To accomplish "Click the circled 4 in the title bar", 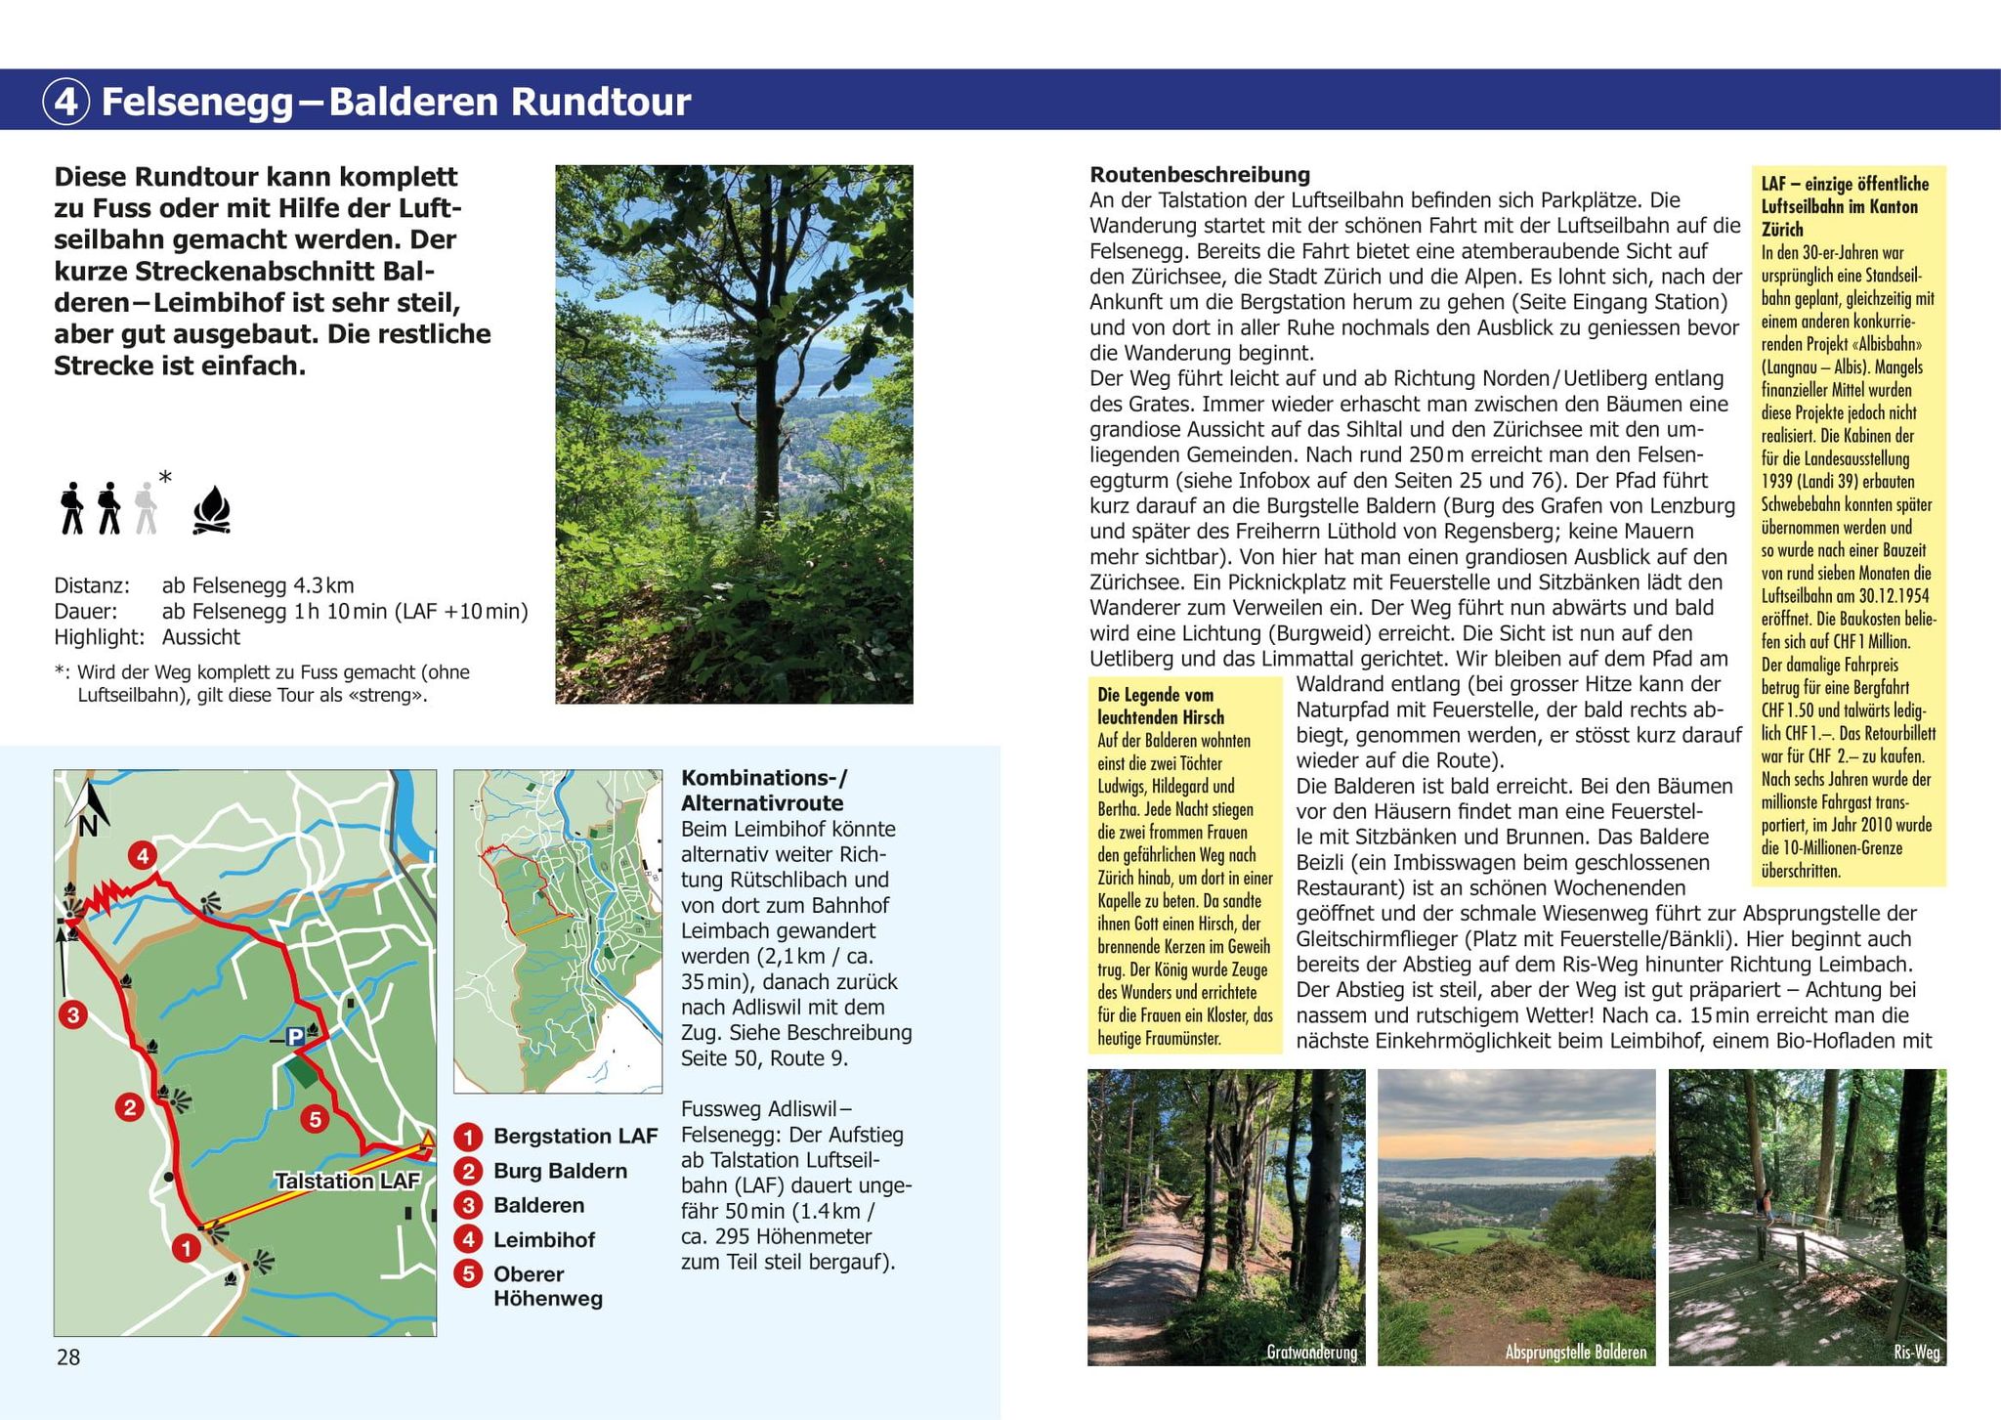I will tap(66, 102).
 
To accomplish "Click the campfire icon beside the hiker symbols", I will tap(212, 511).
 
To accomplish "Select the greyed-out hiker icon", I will tap(146, 508).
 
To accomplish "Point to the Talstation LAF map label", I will tap(347, 1181).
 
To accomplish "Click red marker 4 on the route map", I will tap(143, 856).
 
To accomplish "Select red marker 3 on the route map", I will tap(72, 1014).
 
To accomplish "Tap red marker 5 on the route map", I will tap(315, 1119).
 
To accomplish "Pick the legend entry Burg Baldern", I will tap(560, 1171).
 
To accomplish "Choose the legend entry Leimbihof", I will tap(544, 1240).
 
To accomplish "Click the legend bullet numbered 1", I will tap(469, 1137).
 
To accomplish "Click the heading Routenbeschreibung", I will tap(1200, 175).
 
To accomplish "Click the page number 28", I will tap(68, 1356).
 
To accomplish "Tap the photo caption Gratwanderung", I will tap(1311, 1353).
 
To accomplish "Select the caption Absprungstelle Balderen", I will tap(1575, 1353).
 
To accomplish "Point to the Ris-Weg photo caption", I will tap(1916, 1353).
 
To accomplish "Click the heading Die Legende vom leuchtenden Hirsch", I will tap(1161, 706).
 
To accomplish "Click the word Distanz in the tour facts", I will tap(91, 586).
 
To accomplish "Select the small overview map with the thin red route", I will tap(558, 930).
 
